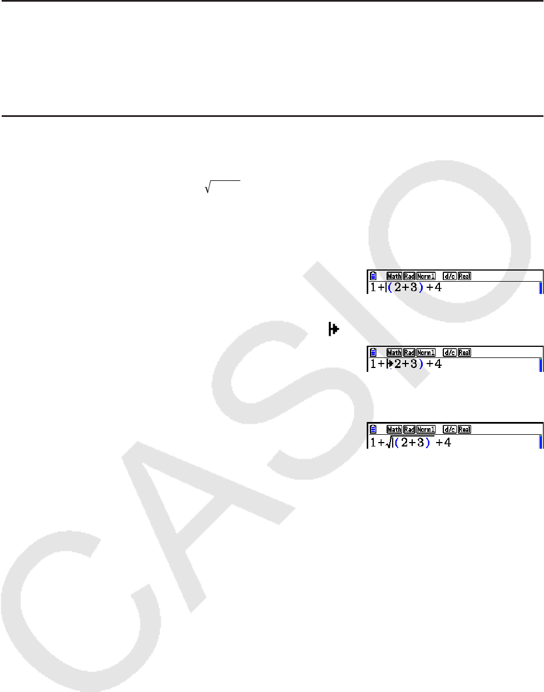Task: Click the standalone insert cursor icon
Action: point(334,330)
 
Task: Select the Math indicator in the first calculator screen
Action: point(394,276)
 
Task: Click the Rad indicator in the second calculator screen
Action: point(409,352)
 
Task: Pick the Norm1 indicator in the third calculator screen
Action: point(426,429)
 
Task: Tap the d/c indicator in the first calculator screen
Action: point(449,276)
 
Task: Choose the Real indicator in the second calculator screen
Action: point(464,352)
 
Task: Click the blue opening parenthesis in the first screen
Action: point(390,288)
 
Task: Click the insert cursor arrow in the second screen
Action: point(389,364)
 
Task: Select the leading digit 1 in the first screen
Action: point(373,288)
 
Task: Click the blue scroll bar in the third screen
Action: point(540,443)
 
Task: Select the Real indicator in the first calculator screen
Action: point(464,276)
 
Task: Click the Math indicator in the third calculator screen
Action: point(394,429)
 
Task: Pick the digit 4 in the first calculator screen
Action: point(438,288)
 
